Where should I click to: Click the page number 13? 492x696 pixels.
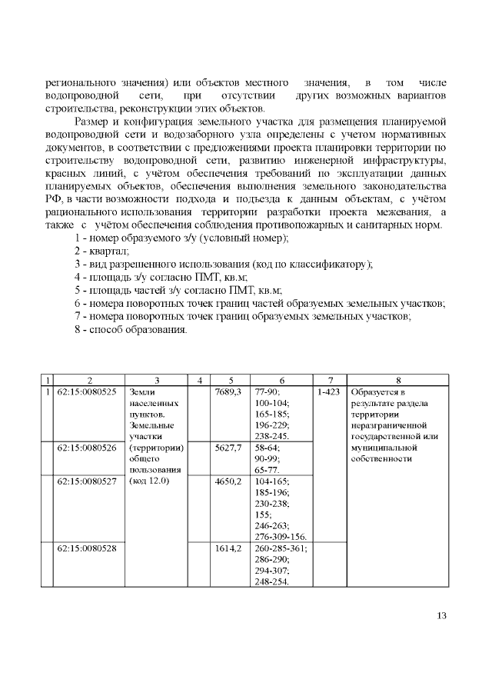(x=441, y=614)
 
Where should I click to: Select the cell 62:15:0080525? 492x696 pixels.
(x=87, y=391)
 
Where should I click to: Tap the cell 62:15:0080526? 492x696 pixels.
(x=87, y=446)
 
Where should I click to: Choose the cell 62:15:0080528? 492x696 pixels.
(x=87, y=548)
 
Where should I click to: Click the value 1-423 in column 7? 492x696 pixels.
(x=329, y=391)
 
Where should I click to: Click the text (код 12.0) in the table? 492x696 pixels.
(x=150, y=481)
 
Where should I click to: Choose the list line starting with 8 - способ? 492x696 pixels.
(x=130, y=329)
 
